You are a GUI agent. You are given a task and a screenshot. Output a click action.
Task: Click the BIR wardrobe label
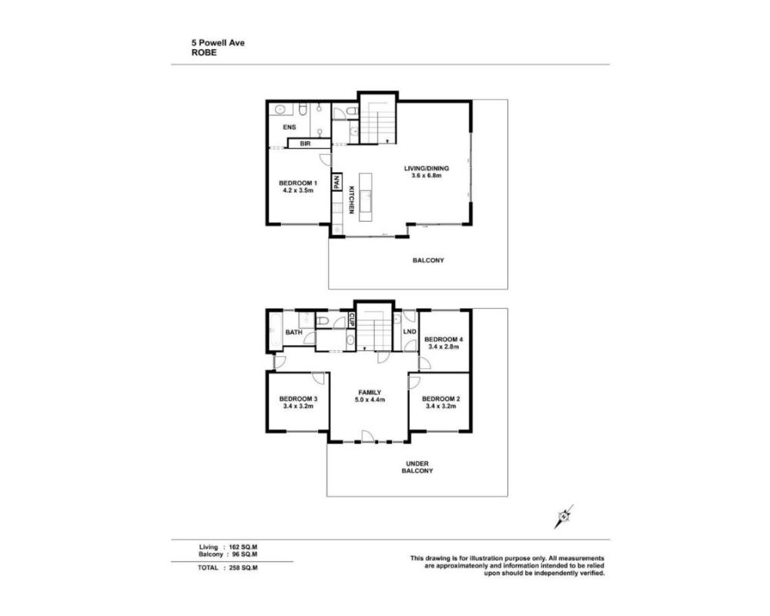coord(306,143)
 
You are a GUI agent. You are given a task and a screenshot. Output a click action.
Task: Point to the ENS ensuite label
coord(290,127)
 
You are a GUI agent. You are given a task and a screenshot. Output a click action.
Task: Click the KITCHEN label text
coord(352,200)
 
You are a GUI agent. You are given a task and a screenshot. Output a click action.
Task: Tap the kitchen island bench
coord(366,197)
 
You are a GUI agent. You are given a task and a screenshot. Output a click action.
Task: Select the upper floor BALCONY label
coord(428,260)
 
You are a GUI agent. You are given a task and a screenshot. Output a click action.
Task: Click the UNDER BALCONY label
coord(417,467)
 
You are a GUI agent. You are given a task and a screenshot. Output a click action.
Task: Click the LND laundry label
coord(410,332)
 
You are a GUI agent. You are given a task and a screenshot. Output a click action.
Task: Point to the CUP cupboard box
coord(352,320)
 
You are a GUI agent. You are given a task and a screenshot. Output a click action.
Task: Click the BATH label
coord(293,333)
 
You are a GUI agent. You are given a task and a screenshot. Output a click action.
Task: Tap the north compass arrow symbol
coord(564,516)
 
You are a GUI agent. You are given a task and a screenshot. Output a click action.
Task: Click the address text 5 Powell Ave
coord(218,43)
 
